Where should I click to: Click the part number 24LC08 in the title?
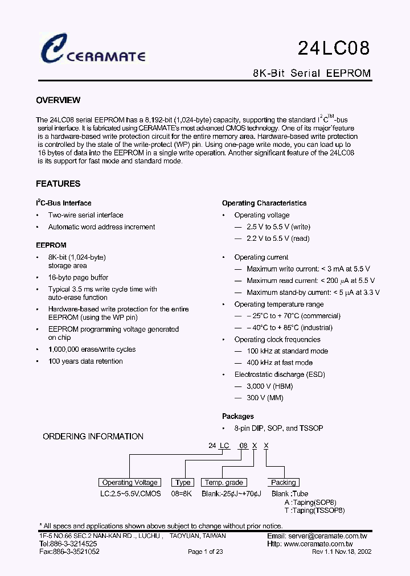tap(334, 48)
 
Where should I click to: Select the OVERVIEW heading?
tap(58, 100)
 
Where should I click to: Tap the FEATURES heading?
tap(58, 184)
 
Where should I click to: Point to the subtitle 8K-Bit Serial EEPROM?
tap(311, 73)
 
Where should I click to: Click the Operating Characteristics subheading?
tap(264, 203)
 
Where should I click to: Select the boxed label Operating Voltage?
tap(130, 483)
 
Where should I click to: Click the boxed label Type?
tap(183, 483)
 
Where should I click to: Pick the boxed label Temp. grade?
tap(224, 483)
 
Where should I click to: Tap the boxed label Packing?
tap(283, 483)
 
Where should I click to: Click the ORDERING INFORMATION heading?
tap(93, 437)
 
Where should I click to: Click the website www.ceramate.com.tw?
tap(325, 544)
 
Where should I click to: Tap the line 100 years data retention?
tap(85, 361)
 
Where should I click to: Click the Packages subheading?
tap(238, 417)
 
